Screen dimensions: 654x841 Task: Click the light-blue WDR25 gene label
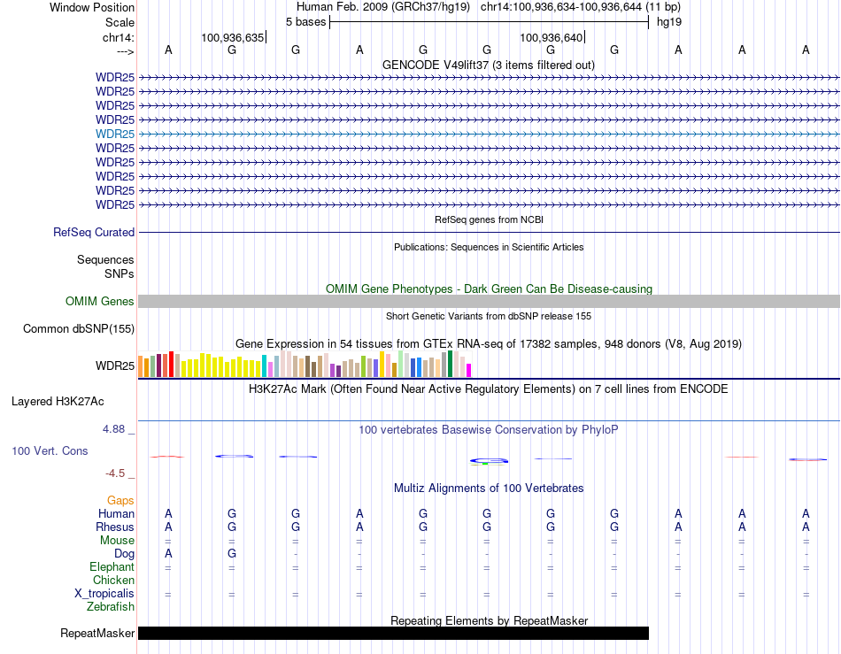tap(115, 134)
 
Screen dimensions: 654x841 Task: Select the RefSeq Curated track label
tap(94, 232)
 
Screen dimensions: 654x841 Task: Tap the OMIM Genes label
tap(100, 302)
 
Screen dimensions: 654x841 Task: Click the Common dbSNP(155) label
tap(79, 329)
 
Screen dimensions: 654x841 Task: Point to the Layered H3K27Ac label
tap(58, 402)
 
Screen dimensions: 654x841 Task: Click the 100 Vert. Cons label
tap(50, 451)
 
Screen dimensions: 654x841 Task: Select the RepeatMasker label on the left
tap(97, 634)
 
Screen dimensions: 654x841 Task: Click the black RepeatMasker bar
tap(393, 634)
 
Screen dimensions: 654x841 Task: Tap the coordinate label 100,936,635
tap(232, 38)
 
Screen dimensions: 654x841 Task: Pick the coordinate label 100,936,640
tap(551, 38)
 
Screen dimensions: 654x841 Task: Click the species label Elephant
tap(112, 567)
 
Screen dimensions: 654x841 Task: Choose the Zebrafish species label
tap(111, 607)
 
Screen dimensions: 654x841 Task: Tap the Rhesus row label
tap(115, 527)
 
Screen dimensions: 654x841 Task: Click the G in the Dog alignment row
tap(232, 554)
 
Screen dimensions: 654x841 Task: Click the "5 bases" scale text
tap(305, 21)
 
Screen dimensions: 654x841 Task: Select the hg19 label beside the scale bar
tap(669, 21)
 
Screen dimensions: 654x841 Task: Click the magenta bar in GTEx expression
tap(469, 370)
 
